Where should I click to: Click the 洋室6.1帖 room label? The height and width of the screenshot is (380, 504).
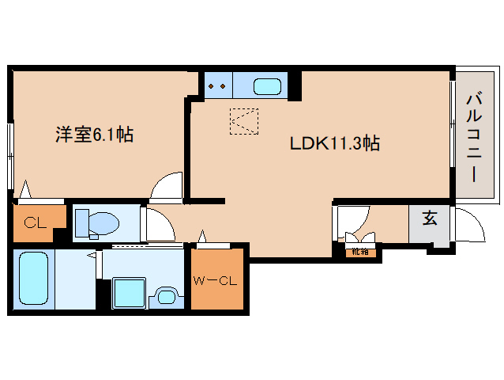pos(94,135)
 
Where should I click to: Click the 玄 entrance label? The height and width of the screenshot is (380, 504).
pos(428,218)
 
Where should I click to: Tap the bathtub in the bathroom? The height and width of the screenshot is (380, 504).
pos(34,278)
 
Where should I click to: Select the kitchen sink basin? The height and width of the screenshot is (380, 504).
pos(268,85)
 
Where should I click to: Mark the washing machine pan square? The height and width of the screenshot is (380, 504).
pos(127,293)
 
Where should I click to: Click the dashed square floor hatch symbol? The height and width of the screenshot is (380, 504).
pos(243,121)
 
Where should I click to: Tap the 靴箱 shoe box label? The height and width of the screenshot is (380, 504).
pos(360,253)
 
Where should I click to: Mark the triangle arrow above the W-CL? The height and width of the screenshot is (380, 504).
pos(203,235)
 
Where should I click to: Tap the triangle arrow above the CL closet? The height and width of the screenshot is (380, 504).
pos(27,190)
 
